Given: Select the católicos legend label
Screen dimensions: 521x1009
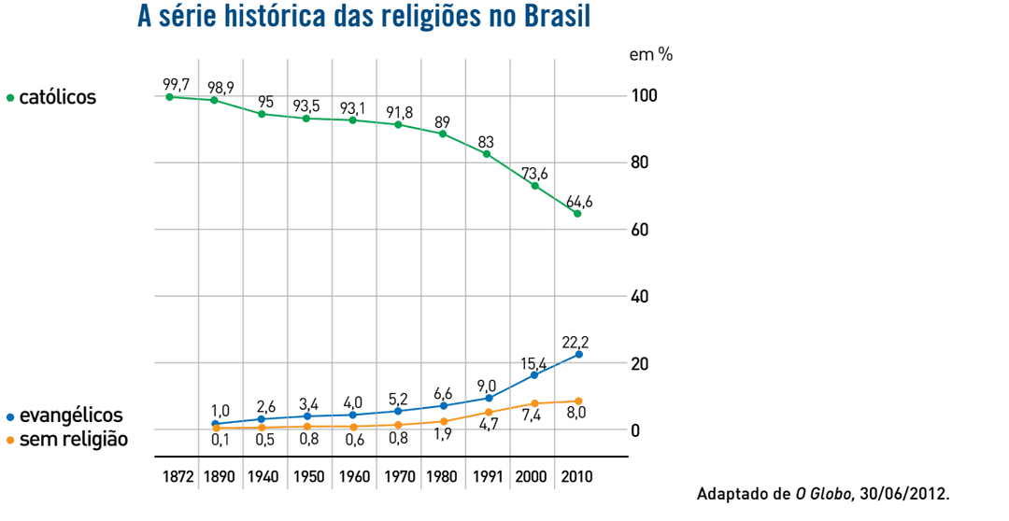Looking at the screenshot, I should (x=57, y=97).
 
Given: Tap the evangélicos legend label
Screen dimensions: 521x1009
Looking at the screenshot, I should (x=70, y=415).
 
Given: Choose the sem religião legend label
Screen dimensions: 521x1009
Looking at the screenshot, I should (x=73, y=438).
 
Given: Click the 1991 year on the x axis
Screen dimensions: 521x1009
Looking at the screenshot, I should (x=489, y=476).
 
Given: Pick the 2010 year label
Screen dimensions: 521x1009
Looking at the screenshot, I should (x=577, y=476).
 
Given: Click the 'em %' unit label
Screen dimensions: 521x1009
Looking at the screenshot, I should (x=650, y=54).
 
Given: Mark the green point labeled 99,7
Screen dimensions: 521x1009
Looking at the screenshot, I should (x=169, y=96).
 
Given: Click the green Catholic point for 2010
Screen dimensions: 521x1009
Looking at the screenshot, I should (x=577, y=214).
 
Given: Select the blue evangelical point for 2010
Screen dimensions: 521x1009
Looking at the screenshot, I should (x=578, y=355).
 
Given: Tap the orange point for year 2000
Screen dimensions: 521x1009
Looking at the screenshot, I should (x=534, y=403).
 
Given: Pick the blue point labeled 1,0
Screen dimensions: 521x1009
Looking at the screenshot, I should (x=215, y=424).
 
